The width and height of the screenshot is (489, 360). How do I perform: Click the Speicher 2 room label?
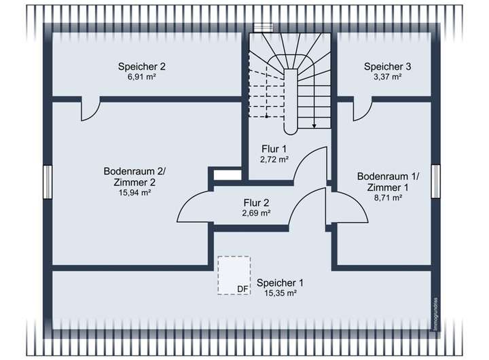(141, 67)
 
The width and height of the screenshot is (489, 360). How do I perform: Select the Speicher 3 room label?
(387, 67)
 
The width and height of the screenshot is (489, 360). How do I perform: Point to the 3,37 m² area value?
(387, 77)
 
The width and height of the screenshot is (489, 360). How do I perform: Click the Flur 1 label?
(274, 149)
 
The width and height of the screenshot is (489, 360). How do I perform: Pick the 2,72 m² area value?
(274, 159)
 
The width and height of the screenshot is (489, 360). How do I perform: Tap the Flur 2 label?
(257, 202)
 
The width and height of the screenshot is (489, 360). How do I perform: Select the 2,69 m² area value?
(257, 213)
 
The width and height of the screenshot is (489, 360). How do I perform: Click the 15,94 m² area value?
(134, 192)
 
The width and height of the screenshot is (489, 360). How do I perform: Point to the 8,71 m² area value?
(388, 198)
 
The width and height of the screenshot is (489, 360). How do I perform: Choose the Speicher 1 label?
(280, 283)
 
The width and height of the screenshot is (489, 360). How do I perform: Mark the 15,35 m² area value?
(280, 293)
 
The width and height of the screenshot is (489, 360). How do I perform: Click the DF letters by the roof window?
(242, 289)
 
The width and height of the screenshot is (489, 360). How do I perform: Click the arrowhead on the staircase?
(314, 125)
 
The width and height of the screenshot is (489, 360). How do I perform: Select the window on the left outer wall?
(47, 183)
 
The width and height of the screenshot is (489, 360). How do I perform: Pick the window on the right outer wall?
(435, 183)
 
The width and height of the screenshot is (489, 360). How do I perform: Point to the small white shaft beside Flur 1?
(227, 175)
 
